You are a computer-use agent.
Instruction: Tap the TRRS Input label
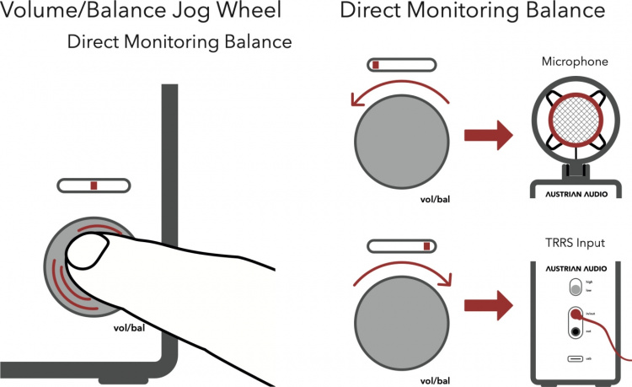pyautogui.click(x=575, y=244)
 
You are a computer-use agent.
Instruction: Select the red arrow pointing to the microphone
pyautogui.click(x=490, y=132)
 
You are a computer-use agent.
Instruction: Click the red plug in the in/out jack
pyautogui.click(x=576, y=314)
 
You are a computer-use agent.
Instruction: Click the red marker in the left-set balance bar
pyautogui.click(x=377, y=65)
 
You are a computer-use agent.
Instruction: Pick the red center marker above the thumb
pyautogui.click(x=94, y=185)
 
